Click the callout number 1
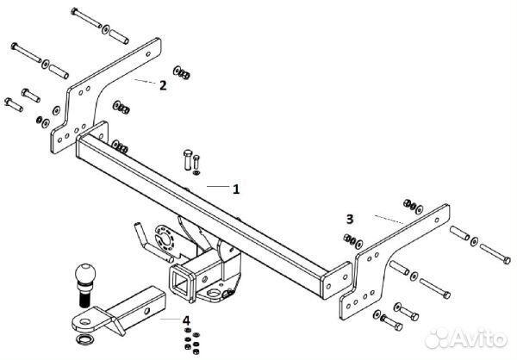coord(236,188)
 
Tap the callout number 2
coord(162,84)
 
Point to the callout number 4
coord(185,320)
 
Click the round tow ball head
coord(87,275)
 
